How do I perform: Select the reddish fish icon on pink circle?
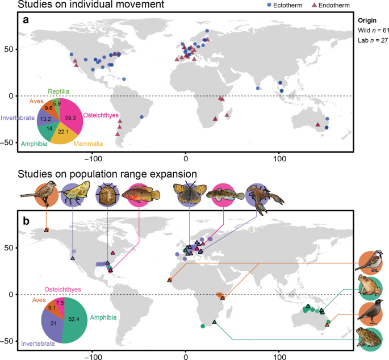click(x=141, y=197)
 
